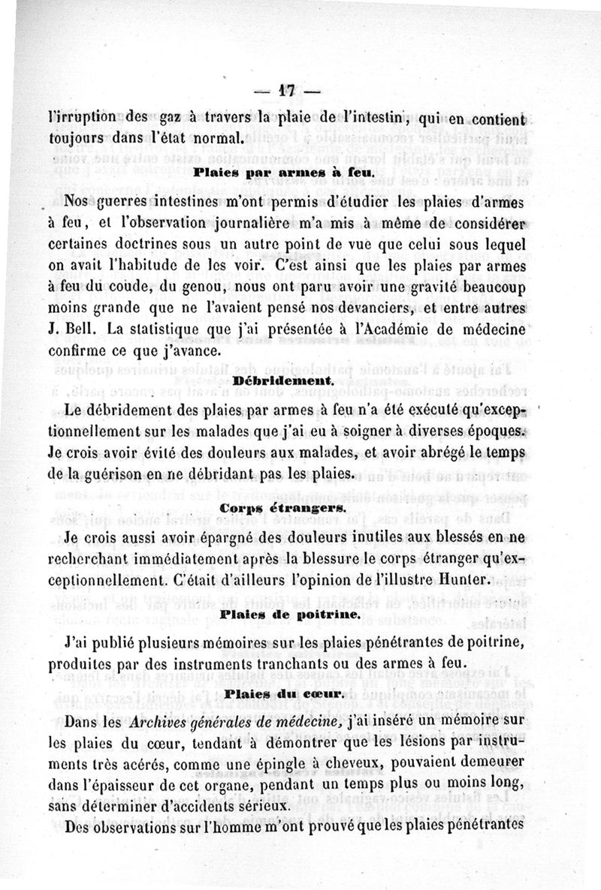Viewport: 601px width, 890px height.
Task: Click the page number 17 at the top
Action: (x=286, y=89)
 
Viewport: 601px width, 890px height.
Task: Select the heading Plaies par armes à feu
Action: (x=285, y=172)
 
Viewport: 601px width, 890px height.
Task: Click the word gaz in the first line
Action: (x=174, y=117)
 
